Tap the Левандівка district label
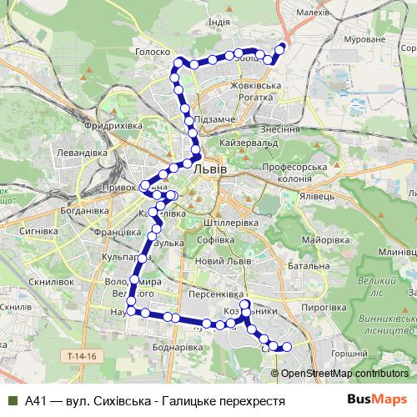tap(81, 153)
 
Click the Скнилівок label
tap(30, 282)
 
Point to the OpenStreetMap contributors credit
tap(344, 374)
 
